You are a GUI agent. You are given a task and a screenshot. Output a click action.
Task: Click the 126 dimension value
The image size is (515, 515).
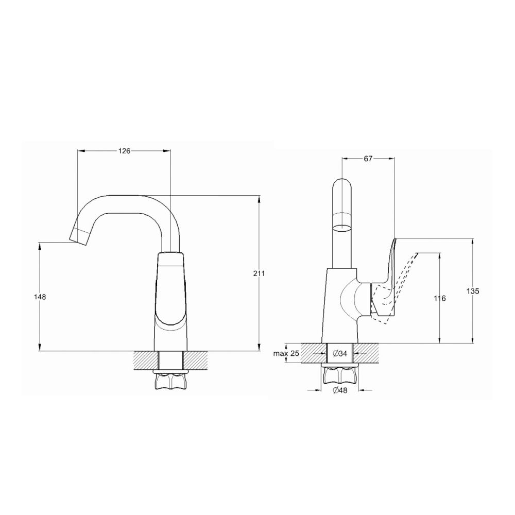click(124, 151)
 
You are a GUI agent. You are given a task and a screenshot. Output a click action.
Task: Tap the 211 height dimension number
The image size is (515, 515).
click(259, 273)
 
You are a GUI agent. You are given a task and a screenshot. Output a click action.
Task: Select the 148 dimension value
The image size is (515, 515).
click(40, 297)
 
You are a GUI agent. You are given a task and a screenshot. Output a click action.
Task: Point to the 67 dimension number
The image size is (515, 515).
click(368, 159)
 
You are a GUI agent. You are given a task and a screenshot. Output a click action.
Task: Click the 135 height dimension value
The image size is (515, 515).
click(473, 291)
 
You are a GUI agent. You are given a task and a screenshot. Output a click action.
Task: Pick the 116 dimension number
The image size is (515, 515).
click(439, 299)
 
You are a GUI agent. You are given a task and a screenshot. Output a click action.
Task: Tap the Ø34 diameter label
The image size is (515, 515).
click(340, 353)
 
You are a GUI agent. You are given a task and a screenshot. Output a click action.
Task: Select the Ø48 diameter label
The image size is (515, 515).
click(340, 390)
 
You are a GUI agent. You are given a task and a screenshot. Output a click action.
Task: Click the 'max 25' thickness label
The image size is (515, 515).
click(286, 353)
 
